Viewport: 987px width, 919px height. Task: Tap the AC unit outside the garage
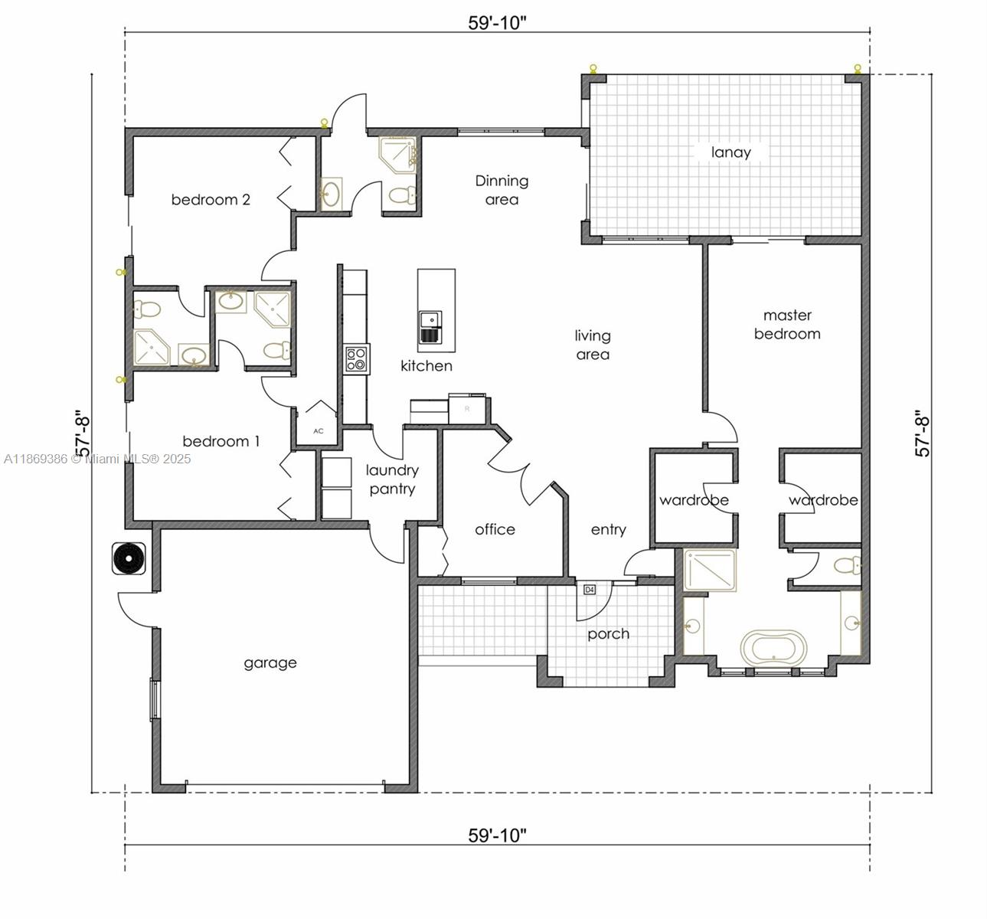coord(129,558)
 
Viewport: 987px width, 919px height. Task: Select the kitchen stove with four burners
coord(356,359)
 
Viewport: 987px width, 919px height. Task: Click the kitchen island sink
coord(429,327)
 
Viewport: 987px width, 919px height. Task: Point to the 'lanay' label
coord(730,152)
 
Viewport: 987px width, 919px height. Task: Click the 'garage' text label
coord(270,663)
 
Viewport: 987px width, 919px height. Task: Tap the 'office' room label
coord(495,529)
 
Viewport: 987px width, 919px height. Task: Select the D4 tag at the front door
coord(590,590)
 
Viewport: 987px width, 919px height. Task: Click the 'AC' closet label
coord(319,431)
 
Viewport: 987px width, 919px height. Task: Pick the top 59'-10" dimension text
coord(497,23)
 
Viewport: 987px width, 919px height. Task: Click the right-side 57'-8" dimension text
coord(923,434)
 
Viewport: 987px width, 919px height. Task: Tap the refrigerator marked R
coord(467,408)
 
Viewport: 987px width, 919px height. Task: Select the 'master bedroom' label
coord(787,325)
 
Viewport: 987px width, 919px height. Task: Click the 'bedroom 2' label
coord(211,200)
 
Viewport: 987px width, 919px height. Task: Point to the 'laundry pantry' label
coord(391,479)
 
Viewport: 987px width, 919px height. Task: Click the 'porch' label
coord(608,634)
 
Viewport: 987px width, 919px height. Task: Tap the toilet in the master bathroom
coord(845,567)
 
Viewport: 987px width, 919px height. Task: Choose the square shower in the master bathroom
coord(709,571)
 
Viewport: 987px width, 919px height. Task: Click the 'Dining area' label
coord(502,190)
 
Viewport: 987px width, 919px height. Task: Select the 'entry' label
coord(608,529)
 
